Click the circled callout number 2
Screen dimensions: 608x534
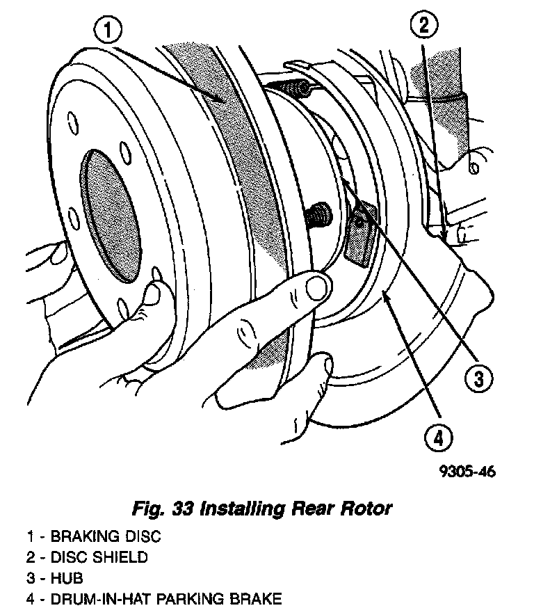coord(423,26)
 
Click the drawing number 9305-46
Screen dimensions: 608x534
coord(466,472)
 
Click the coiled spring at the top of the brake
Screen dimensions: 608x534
coord(289,89)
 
